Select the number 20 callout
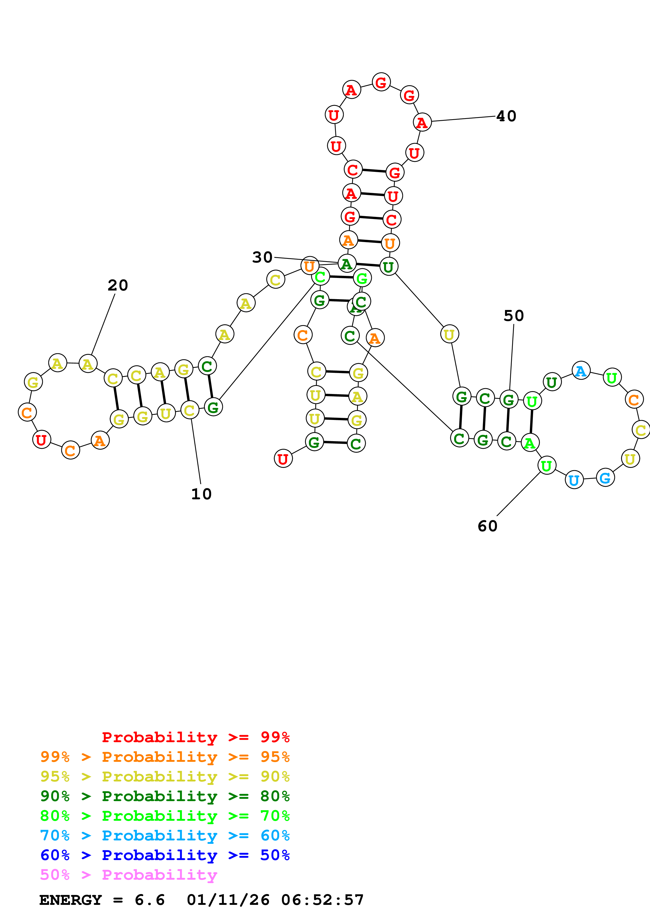[118, 285]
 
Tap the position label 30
[262, 257]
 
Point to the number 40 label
[506, 116]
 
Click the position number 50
[514, 316]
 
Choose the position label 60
[487, 526]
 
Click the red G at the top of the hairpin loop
[381, 83]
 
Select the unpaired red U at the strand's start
[283, 459]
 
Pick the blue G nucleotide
[605, 478]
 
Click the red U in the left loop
[41, 440]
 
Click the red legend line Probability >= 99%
[195, 737]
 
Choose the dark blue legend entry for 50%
[165, 855]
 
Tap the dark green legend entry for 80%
[165, 796]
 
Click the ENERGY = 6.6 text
[102, 900]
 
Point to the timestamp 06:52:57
[323, 900]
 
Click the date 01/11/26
[228, 900]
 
